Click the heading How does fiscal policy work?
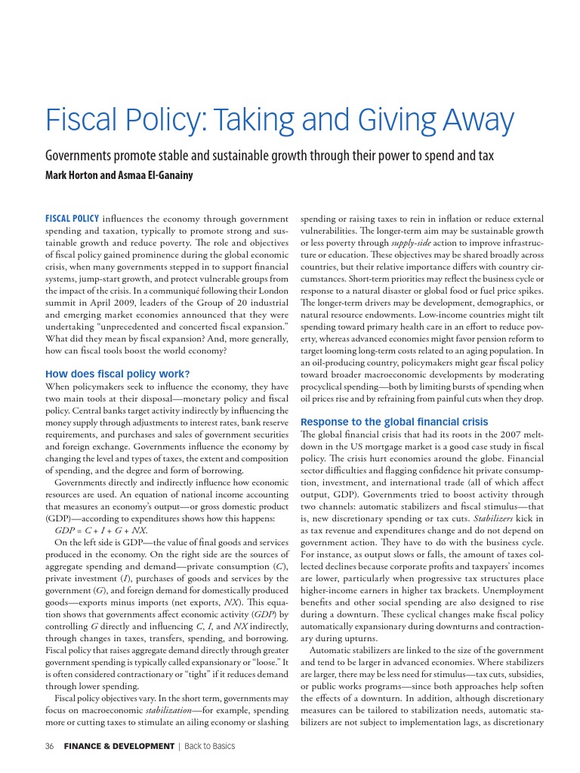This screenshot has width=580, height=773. coord(117,373)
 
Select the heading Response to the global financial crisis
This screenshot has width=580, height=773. coord(394,421)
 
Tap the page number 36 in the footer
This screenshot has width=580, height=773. coord(50,747)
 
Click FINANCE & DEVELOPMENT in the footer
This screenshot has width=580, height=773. coord(119,747)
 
